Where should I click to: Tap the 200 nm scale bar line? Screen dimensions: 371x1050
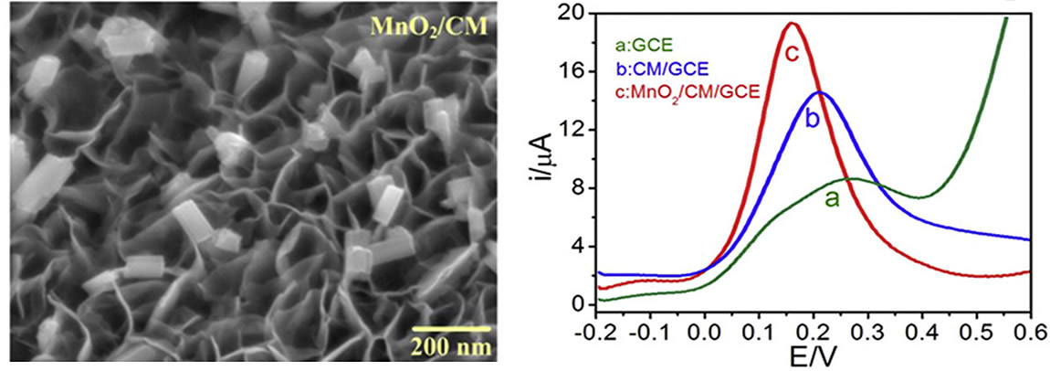pos(447,325)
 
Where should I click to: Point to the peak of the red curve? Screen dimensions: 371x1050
pos(792,23)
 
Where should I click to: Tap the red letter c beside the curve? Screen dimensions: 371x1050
pos(792,53)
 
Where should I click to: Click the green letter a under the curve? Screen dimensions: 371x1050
pos(832,198)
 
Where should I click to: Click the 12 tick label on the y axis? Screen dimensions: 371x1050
pos(577,129)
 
